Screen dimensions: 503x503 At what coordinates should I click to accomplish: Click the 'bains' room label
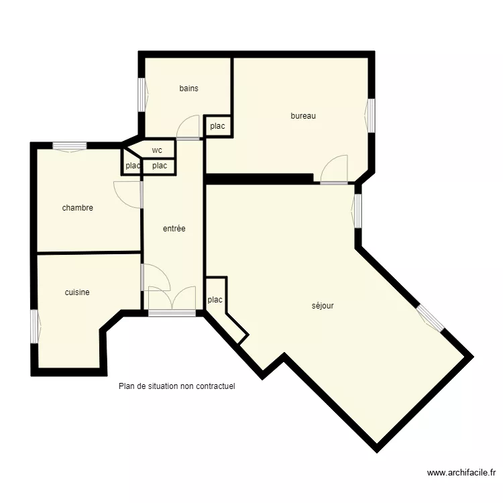tap(188, 89)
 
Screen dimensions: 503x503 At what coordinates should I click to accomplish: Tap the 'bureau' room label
tap(303, 116)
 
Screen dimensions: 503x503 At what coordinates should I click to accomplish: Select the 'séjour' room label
tap(323, 306)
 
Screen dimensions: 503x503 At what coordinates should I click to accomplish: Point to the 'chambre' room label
tap(77, 208)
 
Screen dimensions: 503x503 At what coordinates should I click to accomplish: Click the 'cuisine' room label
tap(77, 292)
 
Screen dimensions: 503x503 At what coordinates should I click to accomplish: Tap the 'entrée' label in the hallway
tap(174, 229)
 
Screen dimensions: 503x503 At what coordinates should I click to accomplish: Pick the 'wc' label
tap(157, 150)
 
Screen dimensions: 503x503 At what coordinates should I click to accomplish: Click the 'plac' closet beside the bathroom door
tap(217, 126)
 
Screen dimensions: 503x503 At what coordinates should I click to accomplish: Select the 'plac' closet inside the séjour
tap(215, 300)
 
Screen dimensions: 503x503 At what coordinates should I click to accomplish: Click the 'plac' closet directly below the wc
tap(160, 166)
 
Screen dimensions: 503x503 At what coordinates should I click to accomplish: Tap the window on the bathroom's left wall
tap(142, 95)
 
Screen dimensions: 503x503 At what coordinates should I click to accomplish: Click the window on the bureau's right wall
tap(371, 115)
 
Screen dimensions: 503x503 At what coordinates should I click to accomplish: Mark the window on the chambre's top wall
tap(70, 146)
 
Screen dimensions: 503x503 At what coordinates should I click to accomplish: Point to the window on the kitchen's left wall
tap(34, 326)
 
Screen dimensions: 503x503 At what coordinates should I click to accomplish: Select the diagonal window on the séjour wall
tap(430, 318)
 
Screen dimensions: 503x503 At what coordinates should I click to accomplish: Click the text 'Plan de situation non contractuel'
tap(177, 386)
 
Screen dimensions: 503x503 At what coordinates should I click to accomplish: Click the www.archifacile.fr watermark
tap(461, 473)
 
